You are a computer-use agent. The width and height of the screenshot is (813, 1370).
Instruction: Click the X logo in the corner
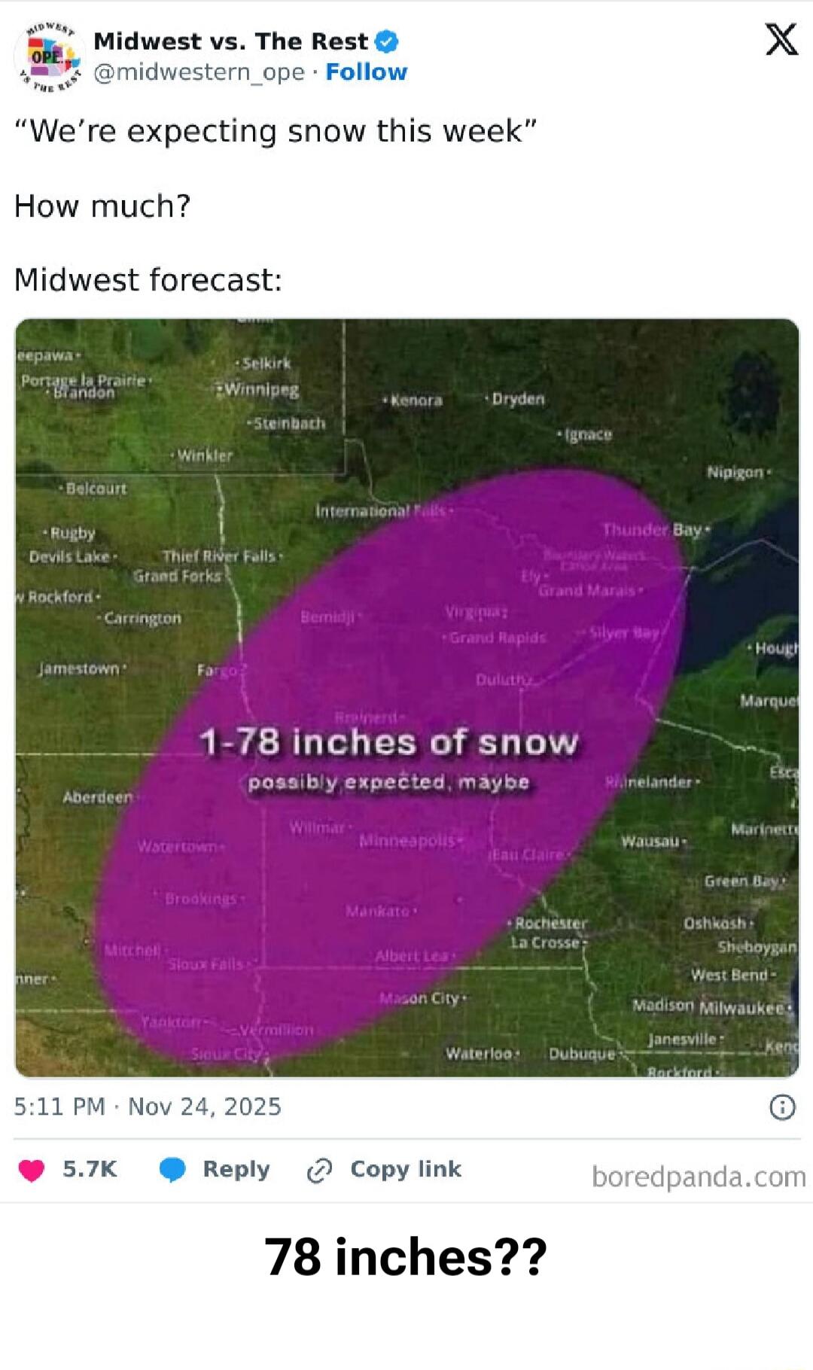[781, 39]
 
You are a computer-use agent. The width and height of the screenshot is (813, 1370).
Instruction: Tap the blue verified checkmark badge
[386, 41]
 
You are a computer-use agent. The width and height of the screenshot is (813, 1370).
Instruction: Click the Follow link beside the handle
[366, 72]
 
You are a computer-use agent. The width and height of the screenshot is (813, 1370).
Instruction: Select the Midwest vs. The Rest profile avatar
[50, 57]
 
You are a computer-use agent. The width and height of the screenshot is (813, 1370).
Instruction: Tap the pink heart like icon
[32, 1171]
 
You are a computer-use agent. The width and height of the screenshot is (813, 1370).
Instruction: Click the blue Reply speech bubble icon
[172, 1170]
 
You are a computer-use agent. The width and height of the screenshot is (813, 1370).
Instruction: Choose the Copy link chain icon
[319, 1171]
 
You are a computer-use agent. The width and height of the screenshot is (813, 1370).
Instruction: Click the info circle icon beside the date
[782, 1107]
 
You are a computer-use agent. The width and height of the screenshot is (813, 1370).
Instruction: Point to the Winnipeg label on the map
[261, 390]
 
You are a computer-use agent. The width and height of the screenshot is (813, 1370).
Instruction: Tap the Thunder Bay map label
[652, 530]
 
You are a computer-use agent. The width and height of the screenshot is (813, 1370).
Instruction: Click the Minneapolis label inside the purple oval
[407, 840]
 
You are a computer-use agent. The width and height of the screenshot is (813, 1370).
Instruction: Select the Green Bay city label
[741, 881]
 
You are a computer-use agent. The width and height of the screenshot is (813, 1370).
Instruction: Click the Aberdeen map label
[98, 797]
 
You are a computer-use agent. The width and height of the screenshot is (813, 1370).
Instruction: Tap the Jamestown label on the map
[79, 668]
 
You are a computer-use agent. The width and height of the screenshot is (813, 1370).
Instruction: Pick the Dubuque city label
[581, 1054]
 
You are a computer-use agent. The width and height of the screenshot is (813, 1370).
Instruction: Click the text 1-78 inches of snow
[389, 742]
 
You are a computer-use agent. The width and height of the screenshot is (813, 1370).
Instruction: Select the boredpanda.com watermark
[698, 1177]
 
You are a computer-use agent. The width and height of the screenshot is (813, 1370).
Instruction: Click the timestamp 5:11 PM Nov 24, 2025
[148, 1107]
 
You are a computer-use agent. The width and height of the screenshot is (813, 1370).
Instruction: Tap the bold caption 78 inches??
[406, 1257]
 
